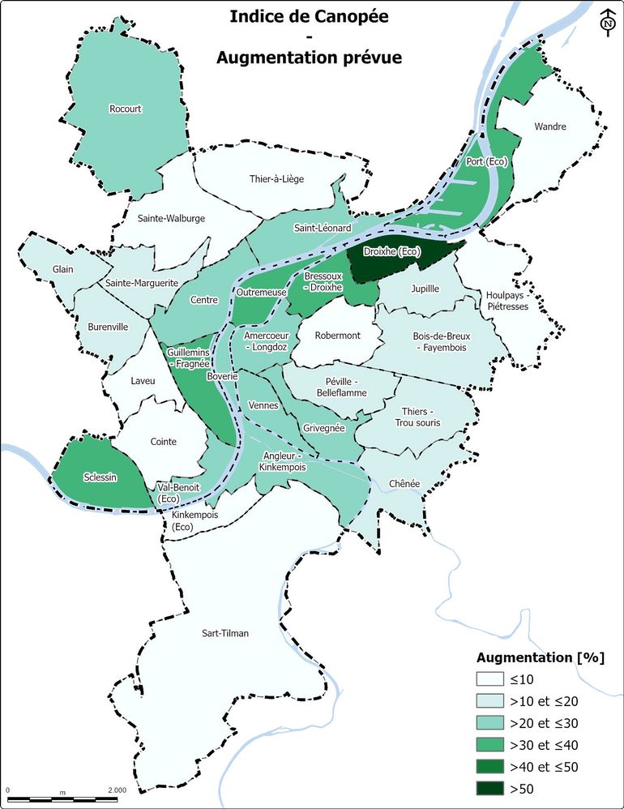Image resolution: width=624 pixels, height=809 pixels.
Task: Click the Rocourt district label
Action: tap(126, 108)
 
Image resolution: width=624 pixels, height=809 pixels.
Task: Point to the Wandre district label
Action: tap(550, 126)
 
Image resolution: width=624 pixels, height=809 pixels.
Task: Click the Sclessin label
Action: tap(100, 477)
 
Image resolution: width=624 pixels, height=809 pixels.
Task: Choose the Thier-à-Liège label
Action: tap(276, 178)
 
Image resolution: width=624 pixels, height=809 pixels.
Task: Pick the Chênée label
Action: tap(404, 483)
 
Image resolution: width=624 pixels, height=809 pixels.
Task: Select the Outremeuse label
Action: tap(259, 291)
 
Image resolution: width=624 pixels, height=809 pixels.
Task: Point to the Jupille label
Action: tap(425, 288)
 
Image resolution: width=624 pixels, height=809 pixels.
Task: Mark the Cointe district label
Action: tap(164, 441)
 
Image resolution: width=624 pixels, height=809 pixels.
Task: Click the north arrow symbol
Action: tap(607, 23)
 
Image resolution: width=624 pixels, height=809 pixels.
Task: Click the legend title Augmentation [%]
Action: tap(539, 657)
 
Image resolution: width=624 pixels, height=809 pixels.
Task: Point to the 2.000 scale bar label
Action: tap(117, 790)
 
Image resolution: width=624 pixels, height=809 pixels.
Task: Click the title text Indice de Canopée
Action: tap(308, 16)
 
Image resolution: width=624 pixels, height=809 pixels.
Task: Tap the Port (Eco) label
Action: tap(486, 162)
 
